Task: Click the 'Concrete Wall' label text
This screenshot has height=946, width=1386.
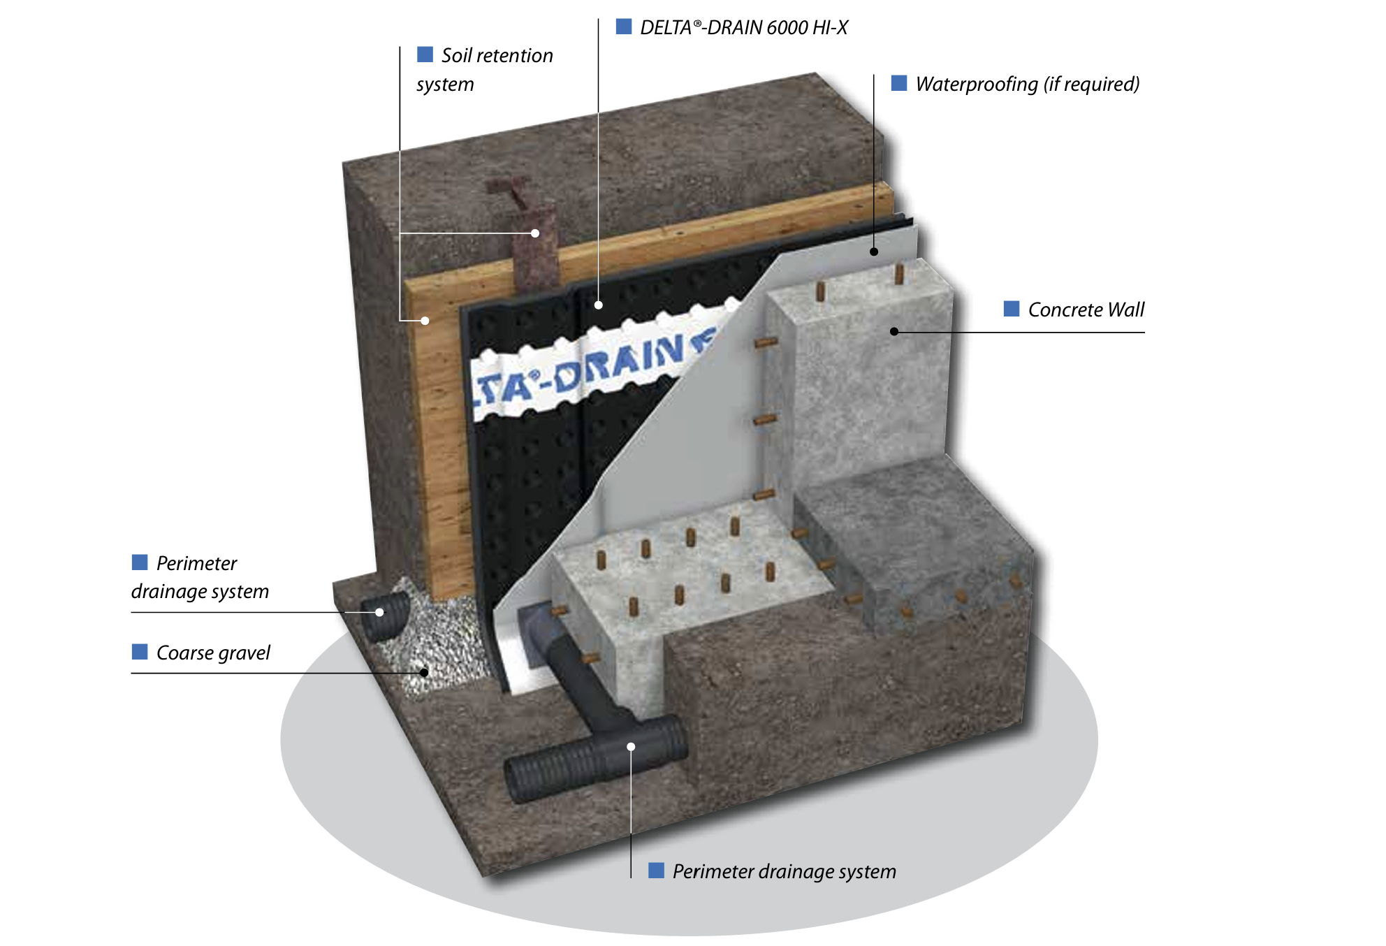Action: point(1086,310)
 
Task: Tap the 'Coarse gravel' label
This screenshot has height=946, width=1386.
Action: point(213,653)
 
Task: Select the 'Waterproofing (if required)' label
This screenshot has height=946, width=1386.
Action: point(1027,85)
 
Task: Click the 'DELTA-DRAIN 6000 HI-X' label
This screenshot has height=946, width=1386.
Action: point(744,28)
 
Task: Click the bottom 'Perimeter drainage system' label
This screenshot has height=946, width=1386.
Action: point(784,871)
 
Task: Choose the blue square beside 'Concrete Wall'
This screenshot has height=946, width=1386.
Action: point(1011,309)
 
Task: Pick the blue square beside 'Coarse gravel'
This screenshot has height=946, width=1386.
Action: point(140,652)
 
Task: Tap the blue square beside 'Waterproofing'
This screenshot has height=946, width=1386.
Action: point(899,84)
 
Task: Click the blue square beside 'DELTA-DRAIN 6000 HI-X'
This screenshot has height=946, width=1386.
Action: point(624,27)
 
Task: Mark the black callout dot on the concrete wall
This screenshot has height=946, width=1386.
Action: point(894,331)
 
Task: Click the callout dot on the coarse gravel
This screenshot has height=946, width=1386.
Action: point(424,673)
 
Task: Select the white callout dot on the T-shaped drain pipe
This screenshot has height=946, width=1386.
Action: point(631,747)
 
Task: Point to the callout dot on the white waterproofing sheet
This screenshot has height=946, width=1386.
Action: point(874,252)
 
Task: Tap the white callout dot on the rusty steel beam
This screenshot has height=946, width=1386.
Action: point(535,233)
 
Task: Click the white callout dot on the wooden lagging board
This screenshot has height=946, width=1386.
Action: point(425,321)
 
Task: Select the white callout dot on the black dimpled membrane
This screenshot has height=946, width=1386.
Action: point(599,305)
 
